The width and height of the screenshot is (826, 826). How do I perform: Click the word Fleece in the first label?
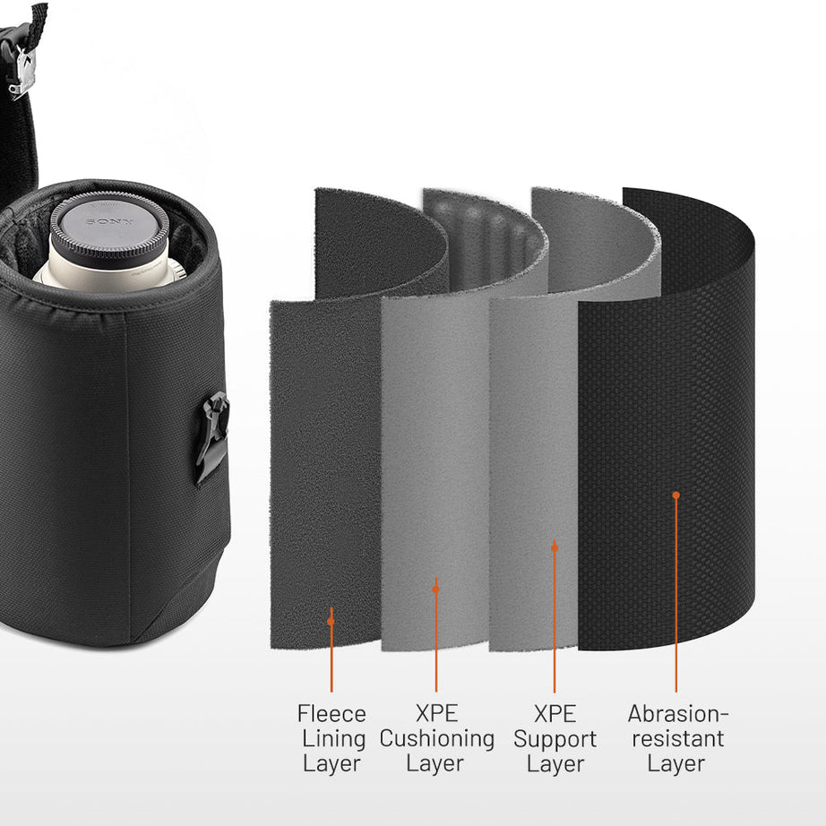click(x=331, y=714)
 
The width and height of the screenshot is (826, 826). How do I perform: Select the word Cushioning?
click(x=436, y=739)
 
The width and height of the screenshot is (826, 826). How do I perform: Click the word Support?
click(x=555, y=739)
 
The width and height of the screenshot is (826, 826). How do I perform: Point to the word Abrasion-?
click(x=678, y=714)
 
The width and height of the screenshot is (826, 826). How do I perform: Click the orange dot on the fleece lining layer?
click(x=331, y=620)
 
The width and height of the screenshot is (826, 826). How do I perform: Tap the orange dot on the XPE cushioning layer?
click(x=435, y=589)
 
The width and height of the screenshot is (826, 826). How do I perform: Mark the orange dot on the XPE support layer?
click(x=555, y=546)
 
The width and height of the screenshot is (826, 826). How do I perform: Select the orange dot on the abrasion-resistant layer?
click(x=676, y=495)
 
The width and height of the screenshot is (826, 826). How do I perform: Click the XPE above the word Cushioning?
click(x=436, y=714)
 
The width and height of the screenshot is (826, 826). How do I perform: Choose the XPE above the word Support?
click(x=555, y=714)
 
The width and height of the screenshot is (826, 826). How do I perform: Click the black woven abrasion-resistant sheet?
click(x=667, y=403)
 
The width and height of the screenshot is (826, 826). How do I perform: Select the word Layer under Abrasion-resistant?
click(x=676, y=764)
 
